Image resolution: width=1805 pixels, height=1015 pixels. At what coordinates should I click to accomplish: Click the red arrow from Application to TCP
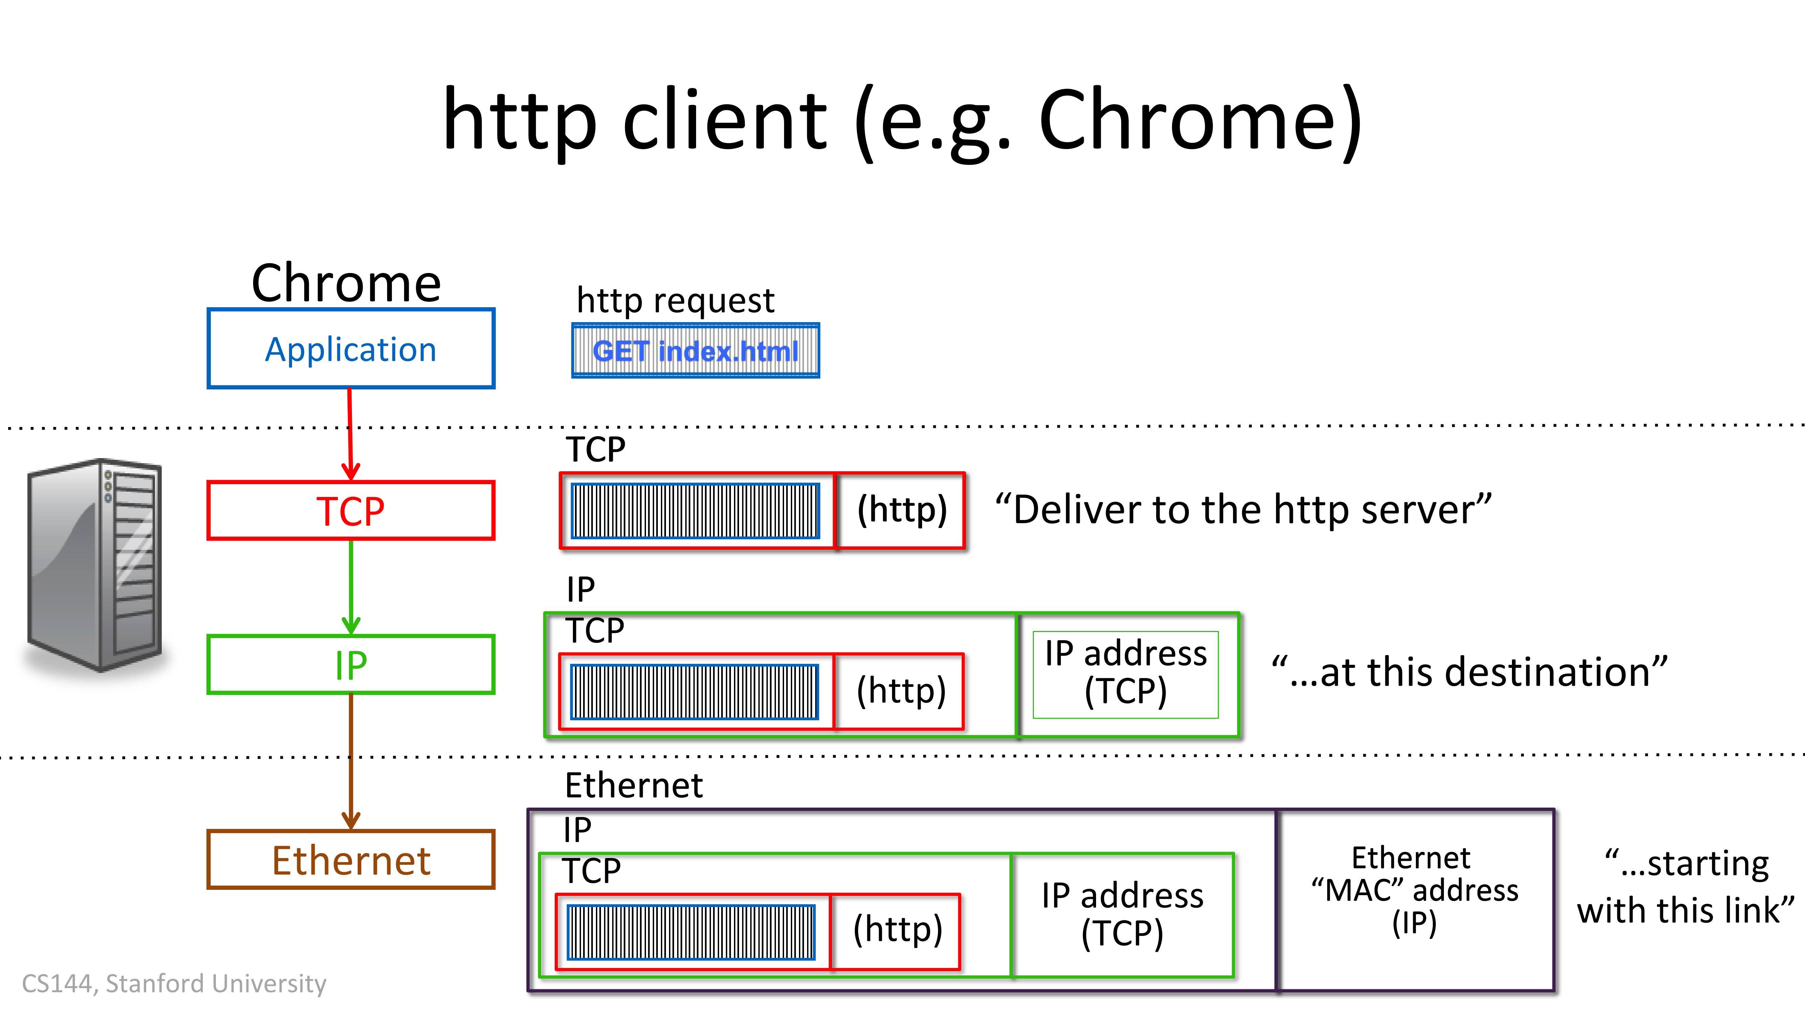pos(350,434)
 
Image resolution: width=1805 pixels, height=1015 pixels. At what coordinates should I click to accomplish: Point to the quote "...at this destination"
pos(1469,672)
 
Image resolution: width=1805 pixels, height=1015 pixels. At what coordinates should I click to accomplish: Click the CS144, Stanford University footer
pos(174,984)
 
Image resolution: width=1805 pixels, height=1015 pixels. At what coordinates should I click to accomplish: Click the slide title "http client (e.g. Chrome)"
pos(902,120)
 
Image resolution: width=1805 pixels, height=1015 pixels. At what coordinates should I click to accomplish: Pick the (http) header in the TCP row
pos(901,510)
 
